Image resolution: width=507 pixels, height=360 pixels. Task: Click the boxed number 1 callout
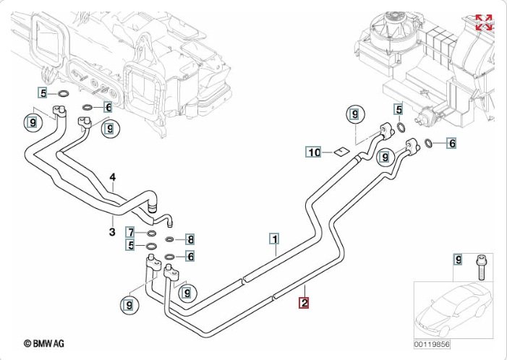[275, 237]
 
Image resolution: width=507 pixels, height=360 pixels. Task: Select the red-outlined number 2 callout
[305, 304]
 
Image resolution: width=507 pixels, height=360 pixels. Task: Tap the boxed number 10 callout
[312, 153]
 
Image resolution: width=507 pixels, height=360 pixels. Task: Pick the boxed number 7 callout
[130, 232]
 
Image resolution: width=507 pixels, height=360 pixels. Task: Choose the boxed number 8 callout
[190, 239]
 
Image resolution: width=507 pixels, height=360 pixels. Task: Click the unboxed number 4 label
[113, 177]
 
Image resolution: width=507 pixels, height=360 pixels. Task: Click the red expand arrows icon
[483, 22]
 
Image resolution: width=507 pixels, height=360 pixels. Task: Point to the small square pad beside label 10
[338, 152]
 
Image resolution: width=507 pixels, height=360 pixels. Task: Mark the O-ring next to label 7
[151, 233]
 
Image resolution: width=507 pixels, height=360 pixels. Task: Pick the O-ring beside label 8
[170, 239]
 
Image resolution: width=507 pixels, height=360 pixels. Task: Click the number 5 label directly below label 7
[130, 246]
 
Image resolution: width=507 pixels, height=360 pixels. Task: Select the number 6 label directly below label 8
[190, 256]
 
